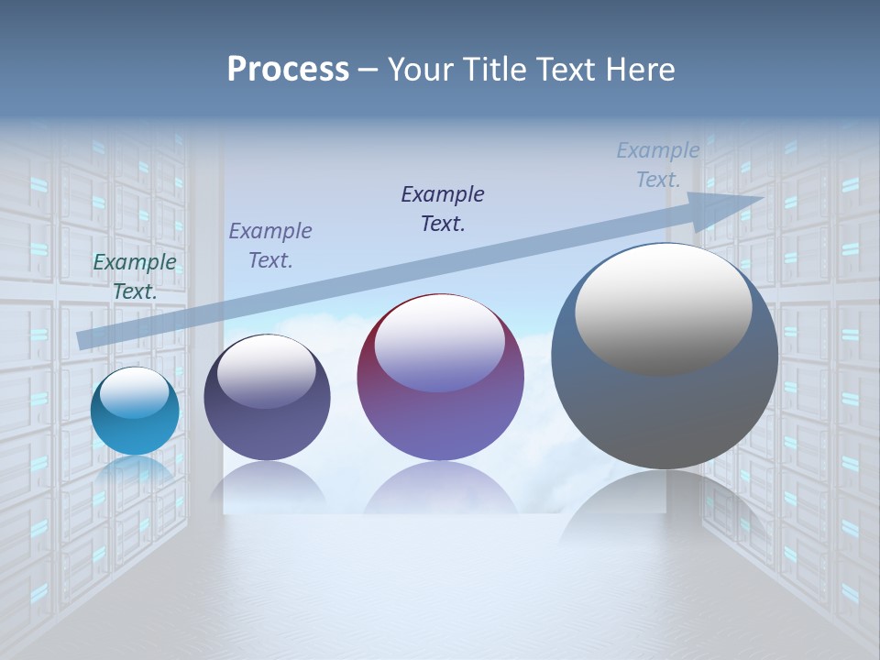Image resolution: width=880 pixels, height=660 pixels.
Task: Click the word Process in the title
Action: tap(288, 70)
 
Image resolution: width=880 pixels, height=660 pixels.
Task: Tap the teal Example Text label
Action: tap(135, 277)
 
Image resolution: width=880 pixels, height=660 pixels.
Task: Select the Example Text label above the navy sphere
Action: tap(270, 246)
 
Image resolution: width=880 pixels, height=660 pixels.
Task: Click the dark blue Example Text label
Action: tap(443, 209)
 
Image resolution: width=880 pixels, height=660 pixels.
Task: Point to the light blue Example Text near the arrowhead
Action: tap(658, 165)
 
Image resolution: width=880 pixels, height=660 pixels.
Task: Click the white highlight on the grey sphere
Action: tap(664, 307)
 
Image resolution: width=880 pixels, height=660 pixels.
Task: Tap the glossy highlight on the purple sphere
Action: tap(440, 344)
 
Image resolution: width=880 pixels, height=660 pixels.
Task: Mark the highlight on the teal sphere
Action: tap(135, 393)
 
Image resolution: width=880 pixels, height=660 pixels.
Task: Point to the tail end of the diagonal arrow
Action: tap(84, 340)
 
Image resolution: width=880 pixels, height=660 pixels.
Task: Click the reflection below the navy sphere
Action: tap(267, 486)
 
